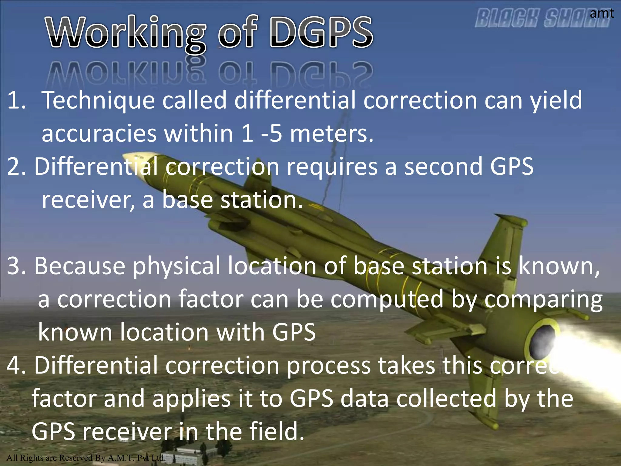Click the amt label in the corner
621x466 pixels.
602,13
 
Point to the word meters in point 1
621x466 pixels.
331,133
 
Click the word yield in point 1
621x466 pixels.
556,100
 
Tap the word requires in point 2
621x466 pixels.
332,167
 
